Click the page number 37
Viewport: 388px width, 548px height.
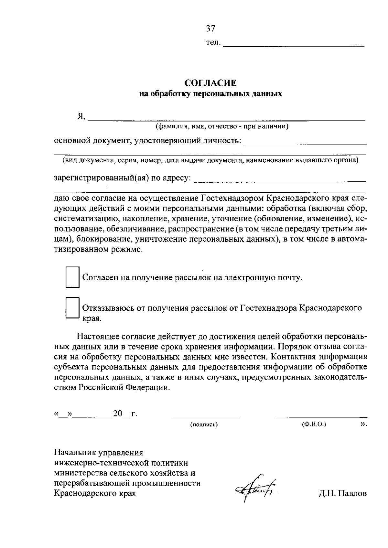pyautogui.click(x=210, y=29)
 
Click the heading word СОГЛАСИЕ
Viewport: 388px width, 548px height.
pyautogui.click(x=210, y=83)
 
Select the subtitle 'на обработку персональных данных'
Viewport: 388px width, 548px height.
pyautogui.click(x=210, y=94)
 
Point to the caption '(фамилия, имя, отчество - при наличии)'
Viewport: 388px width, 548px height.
pyautogui.click(x=222, y=126)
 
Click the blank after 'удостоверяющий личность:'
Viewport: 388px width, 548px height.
pyautogui.click(x=305, y=143)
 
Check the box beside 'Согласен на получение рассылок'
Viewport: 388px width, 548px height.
pyautogui.click(x=72, y=277)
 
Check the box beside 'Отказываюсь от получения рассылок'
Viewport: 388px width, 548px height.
pyautogui.click(x=72, y=308)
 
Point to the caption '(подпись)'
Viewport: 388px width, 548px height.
pyautogui.click(x=204, y=424)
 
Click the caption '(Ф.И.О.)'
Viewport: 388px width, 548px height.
pyautogui.click(x=314, y=424)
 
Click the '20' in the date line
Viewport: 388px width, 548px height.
pyautogui.click(x=117, y=414)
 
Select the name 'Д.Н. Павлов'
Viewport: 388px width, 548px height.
pyautogui.click(x=342, y=494)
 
